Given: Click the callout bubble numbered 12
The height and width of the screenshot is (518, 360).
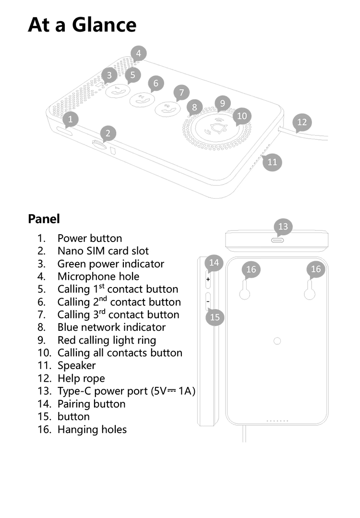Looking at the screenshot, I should [302, 122].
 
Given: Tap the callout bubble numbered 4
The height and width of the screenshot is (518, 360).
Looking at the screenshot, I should [138, 54].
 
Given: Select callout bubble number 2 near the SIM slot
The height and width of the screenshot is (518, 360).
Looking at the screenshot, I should [108, 133].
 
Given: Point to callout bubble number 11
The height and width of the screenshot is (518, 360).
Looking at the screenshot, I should [272, 161].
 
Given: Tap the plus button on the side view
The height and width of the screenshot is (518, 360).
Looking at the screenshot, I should [208, 279].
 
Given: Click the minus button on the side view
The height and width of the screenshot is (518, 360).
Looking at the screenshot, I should [208, 301].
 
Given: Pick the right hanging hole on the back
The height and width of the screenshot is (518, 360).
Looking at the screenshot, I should [310, 293].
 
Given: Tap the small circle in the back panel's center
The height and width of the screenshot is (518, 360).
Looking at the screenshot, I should [277, 341].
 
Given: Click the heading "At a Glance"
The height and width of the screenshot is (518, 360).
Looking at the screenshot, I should [82, 24].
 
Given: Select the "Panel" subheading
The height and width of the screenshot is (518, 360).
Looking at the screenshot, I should [44, 219].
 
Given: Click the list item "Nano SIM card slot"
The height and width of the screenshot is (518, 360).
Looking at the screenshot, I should [103, 251].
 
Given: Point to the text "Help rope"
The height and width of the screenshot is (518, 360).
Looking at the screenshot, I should [81, 378].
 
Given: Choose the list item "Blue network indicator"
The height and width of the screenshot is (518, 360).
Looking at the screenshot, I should [111, 327].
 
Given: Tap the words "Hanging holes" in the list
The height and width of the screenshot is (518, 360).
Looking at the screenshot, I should [92, 429].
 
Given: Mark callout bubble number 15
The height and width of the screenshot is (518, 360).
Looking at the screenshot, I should [215, 317].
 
